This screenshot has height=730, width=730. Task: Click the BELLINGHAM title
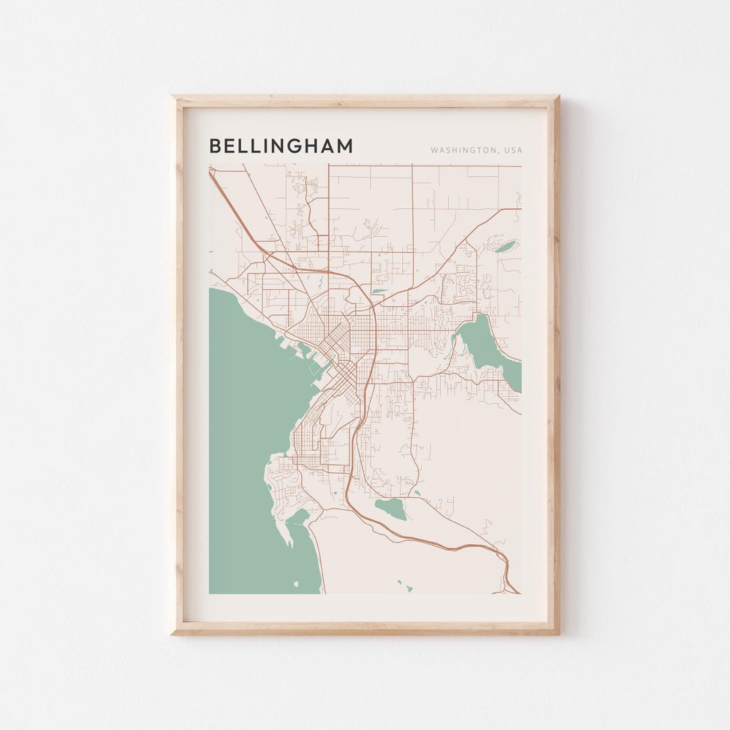(281, 146)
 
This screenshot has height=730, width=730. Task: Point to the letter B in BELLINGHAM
(214, 146)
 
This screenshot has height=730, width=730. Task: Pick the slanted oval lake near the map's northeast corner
(505, 246)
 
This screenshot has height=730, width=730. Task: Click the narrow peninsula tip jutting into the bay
(289, 541)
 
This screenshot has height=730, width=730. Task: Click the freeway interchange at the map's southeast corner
(507, 575)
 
